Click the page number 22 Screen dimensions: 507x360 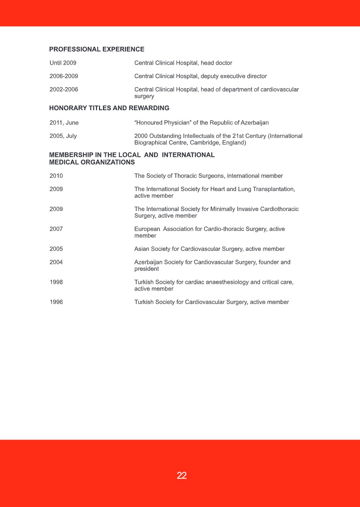click(x=182, y=476)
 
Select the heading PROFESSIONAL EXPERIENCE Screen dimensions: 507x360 click(x=97, y=50)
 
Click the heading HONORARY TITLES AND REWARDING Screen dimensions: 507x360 click(x=109, y=108)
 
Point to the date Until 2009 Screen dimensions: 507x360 click(x=63, y=63)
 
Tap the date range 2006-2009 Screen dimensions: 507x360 click(x=64, y=76)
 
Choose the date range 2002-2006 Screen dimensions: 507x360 click(x=64, y=90)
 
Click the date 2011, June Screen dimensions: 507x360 click(x=64, y=123)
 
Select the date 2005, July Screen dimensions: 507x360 click(x=63, y=136)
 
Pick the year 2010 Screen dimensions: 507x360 click(x=56, y=176)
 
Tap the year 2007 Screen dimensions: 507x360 click(x=56, y=229)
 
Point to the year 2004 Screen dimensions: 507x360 click(x=56, y=262)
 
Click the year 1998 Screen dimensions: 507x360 click(x=56, y=282)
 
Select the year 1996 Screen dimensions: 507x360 click(x=56, y=302)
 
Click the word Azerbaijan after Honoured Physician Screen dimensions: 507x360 click(x=255, y=123)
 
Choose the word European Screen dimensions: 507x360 click(x=147, y=229)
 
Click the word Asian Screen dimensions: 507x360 click(x=142, y=249)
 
